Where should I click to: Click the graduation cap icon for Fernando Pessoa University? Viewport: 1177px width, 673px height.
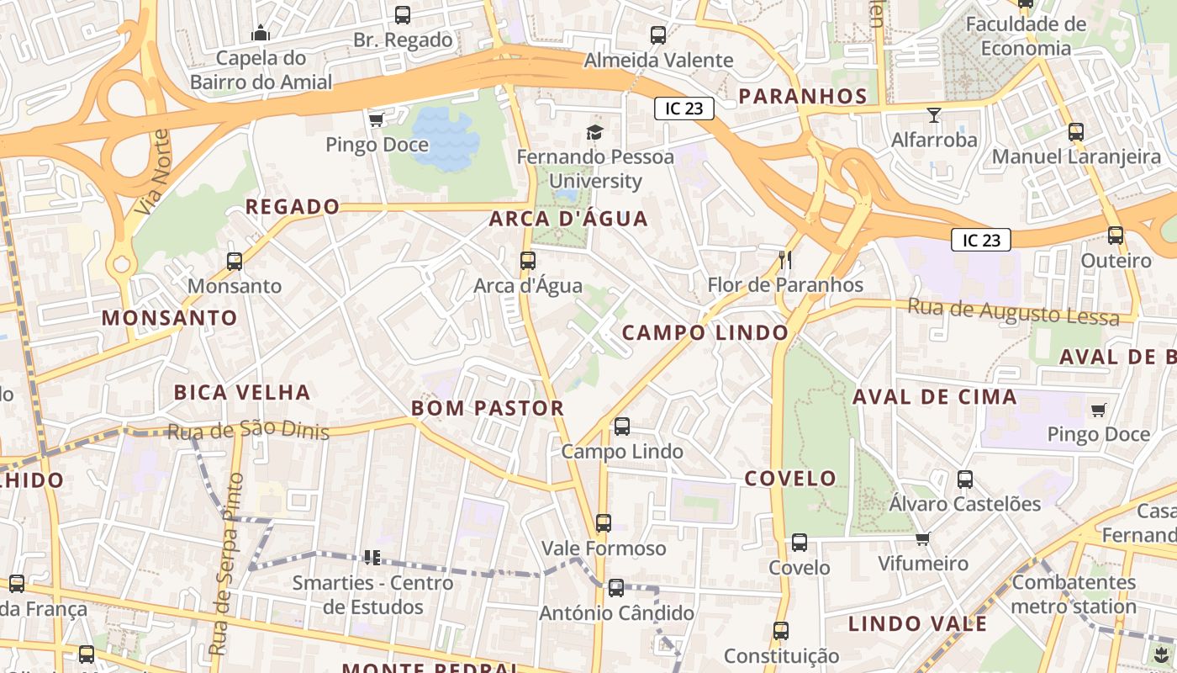(x=595, y=132)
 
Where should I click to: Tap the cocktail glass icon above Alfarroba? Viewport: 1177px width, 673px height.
(x=933, y=114)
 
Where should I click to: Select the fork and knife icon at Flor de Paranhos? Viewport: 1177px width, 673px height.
(x=785, y=259)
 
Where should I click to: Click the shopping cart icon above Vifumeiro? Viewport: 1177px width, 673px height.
(x=922, y=538)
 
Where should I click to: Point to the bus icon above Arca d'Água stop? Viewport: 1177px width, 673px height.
(x=528, y=261)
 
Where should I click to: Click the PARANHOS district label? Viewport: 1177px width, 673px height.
(x=803, y=96)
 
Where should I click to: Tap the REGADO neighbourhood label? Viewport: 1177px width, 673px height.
(x=293, y=206)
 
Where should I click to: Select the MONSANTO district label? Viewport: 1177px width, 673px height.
(x=170, y=318)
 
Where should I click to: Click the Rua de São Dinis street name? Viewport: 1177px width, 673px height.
(x=248, y=431)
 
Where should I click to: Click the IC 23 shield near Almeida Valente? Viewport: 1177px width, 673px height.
(x=684, y=108)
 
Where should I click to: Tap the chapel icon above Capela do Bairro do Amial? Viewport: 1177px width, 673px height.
(x=261, y=33)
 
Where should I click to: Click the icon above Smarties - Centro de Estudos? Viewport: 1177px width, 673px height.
(x=372, y=557)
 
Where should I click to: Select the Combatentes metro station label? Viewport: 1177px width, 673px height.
(x=1074, y=594)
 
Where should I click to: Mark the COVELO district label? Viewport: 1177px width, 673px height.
(x=790, y=479)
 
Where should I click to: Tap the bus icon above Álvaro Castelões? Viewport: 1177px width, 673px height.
(x=965, y=480)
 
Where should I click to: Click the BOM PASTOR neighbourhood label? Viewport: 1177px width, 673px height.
(x=488, y=408)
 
